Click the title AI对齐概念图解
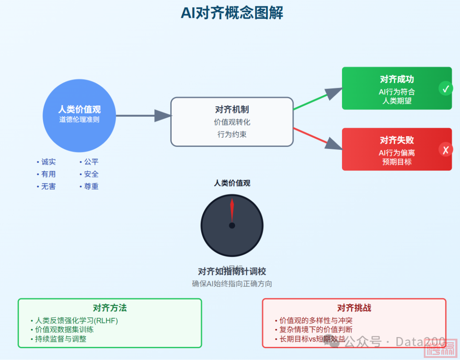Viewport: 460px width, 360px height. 232,13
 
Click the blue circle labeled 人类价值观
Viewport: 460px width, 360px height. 79,115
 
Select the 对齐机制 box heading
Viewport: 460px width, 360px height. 232,110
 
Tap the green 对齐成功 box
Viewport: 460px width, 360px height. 397,88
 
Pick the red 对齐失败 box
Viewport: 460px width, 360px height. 397,149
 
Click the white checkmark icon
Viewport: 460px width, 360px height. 446,89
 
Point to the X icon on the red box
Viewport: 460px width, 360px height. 446,150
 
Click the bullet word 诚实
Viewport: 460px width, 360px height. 48,162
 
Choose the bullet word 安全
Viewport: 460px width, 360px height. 91,174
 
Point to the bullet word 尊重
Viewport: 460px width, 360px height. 91,186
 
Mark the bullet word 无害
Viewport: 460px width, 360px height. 48,186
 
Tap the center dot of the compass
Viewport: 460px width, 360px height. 232,226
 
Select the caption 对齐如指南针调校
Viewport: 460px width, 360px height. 232,271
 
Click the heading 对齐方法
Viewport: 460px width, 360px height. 109,308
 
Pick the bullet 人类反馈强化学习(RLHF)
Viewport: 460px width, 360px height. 76,320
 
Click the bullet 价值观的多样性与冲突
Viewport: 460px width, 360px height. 316,320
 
